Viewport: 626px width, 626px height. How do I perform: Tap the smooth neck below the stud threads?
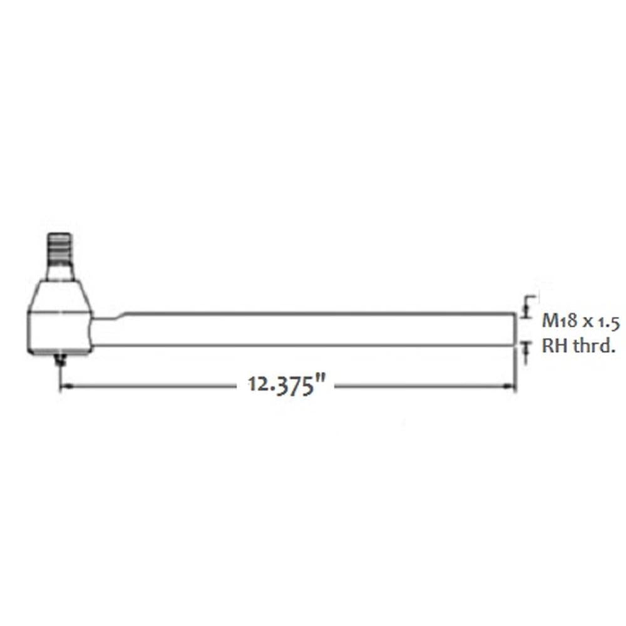pyautogui.click(x=60, y=271)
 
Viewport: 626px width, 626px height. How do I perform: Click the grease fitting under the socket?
pyautogui.click(x=60, y=359)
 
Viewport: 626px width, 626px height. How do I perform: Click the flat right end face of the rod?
pyautogui.click(x=515, y=329)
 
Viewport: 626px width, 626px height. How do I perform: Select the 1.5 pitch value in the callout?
pyautogui.click(x=607, y=322)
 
